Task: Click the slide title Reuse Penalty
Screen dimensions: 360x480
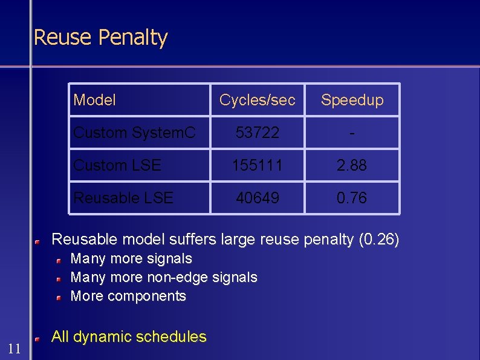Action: (100, 38)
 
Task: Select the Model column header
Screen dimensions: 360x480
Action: (94, 100)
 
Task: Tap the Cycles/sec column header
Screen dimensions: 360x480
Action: (258, 100)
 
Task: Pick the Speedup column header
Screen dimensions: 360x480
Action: (352, 100)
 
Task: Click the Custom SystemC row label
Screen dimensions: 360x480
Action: (134, 133)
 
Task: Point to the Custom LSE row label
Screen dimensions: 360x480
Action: (117, 165)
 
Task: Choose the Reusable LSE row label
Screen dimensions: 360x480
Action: (123, 198)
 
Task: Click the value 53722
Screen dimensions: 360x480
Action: (258, 133)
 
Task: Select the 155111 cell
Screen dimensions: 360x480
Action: (258, 165)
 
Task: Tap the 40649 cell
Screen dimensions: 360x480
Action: (258, 198)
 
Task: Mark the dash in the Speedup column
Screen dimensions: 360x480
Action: (352, 133)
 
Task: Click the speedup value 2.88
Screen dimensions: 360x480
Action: (352, 165)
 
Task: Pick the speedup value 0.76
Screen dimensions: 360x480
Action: (352, 198)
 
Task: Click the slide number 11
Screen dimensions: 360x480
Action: (15, 348)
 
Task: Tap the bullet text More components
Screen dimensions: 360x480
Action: (128, 296)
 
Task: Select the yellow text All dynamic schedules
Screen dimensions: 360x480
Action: (129, 337)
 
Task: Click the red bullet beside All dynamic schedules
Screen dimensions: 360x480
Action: (37, 339)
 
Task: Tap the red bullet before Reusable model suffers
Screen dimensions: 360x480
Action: (37, 242)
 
